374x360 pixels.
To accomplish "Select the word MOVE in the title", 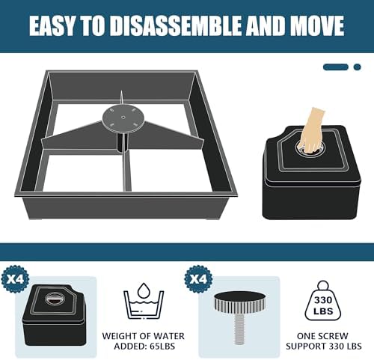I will pos(313,26).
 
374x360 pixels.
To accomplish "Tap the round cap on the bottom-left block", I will pos(55,300).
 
